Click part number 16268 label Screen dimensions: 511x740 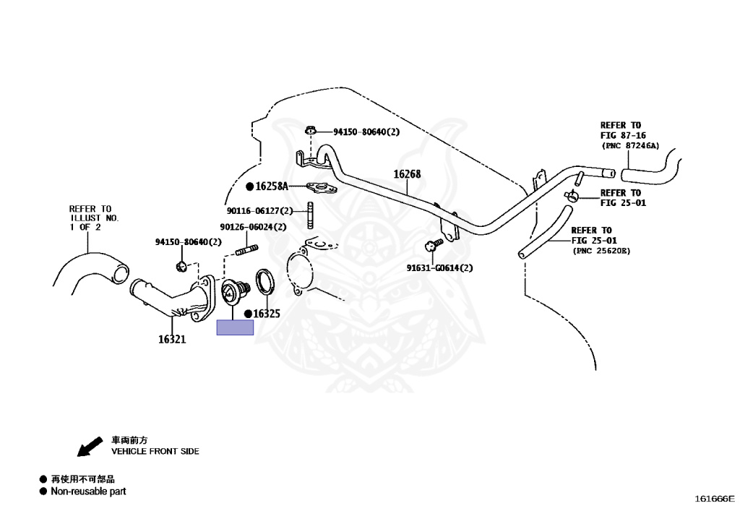407,174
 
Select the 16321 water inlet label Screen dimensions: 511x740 172,339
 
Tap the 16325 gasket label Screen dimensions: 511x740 266,314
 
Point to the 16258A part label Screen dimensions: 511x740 272,186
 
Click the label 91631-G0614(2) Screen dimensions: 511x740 439,268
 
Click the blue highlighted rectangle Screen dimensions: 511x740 235,328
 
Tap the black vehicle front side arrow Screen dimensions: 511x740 90,447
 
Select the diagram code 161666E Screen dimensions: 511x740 714,498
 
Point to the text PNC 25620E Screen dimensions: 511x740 601,251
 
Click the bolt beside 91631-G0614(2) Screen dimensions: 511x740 434,245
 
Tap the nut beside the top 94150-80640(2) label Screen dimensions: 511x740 310,131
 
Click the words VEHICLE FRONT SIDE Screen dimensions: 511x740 155,451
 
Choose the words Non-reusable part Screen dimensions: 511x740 87,491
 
